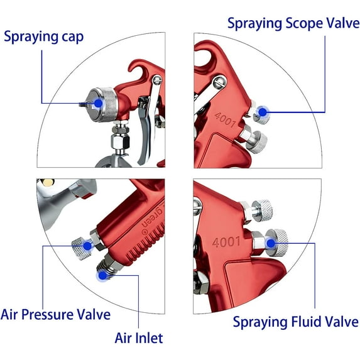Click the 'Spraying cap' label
(43, 36)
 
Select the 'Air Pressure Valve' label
(56, 314)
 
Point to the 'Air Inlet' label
(139, 338)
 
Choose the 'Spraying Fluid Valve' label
(295, 322)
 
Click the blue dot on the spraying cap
(98, 102)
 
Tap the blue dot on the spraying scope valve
(263, 114)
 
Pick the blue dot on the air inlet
(102, 273)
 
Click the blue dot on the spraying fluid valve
(271, 241)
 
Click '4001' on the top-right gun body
(224, 119)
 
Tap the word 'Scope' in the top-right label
(295, 25)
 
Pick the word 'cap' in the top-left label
(71, 36)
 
